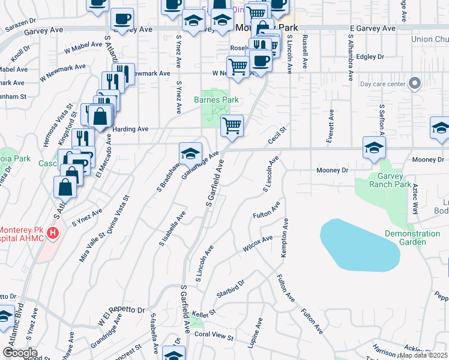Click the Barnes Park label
217,100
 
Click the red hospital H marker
53,233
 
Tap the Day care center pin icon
414,83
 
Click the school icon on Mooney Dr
373,147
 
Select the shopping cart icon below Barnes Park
232,125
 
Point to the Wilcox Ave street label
258,243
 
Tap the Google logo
20,353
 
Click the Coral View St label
213,334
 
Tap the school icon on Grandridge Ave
190,153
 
